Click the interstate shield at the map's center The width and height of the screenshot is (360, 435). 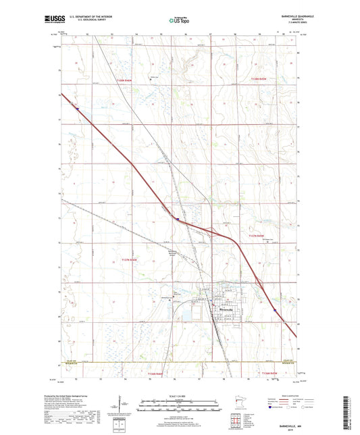click(177, 219)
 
